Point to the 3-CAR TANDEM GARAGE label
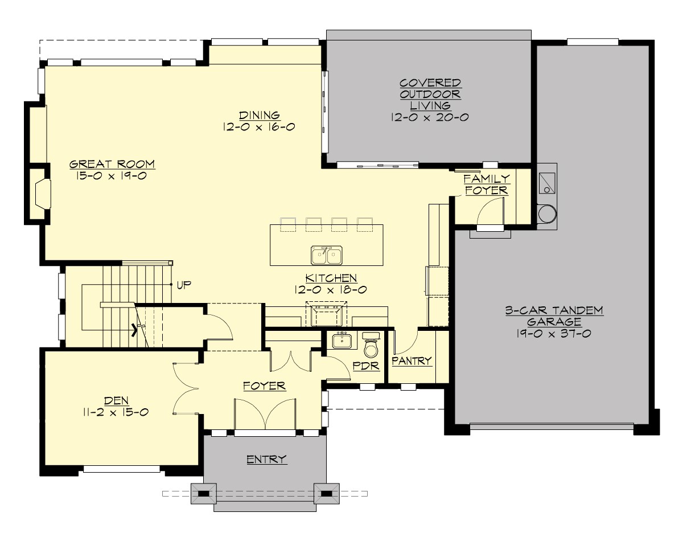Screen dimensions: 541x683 [554, 316]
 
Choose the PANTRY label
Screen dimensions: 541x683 [412, 361]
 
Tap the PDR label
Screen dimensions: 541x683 [366, 366]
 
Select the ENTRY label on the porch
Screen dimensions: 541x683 [266, 459]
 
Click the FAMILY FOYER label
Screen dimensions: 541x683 [487, 185]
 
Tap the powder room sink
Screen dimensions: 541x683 [341, 341]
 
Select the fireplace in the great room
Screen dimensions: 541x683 [42, 194]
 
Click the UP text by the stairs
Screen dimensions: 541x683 [184, 284]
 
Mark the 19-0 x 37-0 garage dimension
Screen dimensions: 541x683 [554, 333]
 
